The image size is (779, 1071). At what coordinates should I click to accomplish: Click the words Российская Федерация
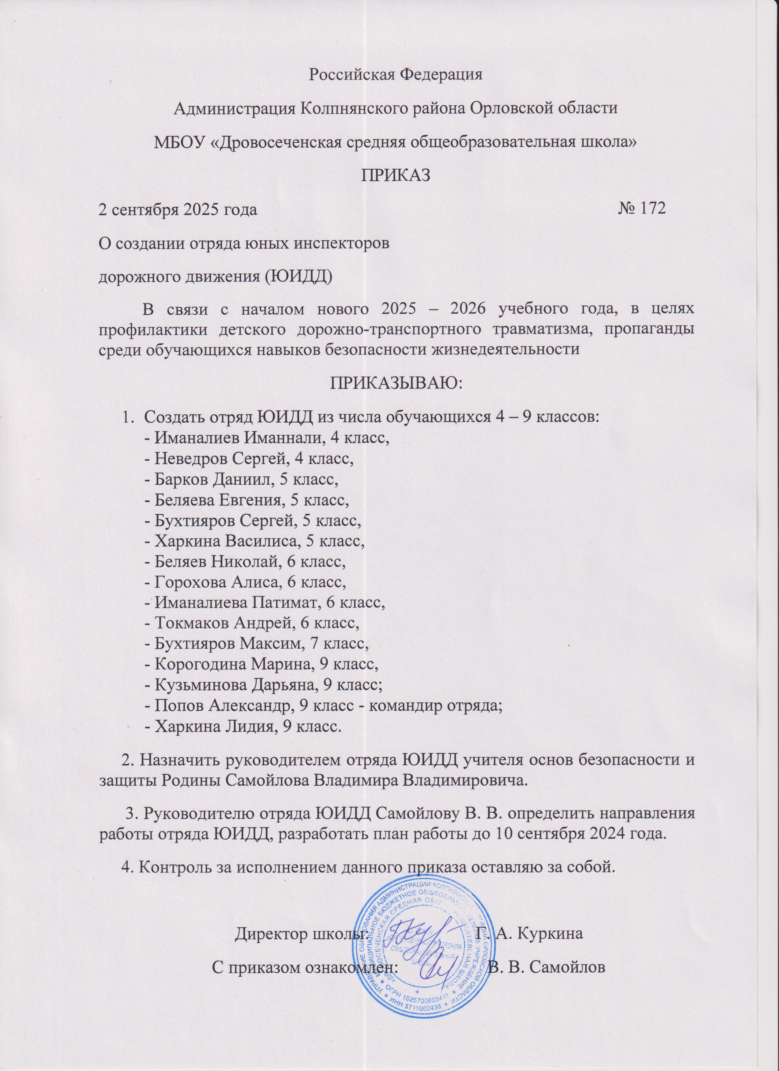[x=389, y=75]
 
